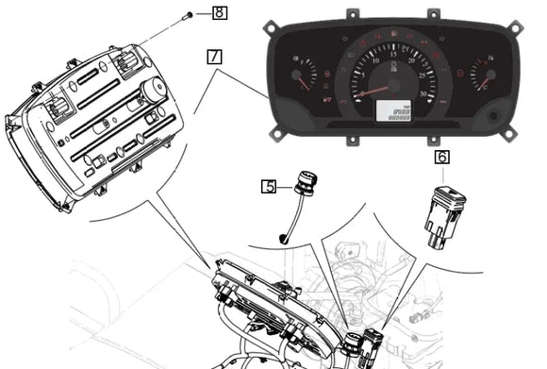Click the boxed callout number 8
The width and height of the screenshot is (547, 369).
click(219, 13)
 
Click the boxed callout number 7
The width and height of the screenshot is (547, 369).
click(215, 56)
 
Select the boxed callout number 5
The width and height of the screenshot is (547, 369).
click(270, 186)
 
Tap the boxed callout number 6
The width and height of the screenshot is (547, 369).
click(441, 159)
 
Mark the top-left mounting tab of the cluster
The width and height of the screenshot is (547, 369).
click(352, 14)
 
